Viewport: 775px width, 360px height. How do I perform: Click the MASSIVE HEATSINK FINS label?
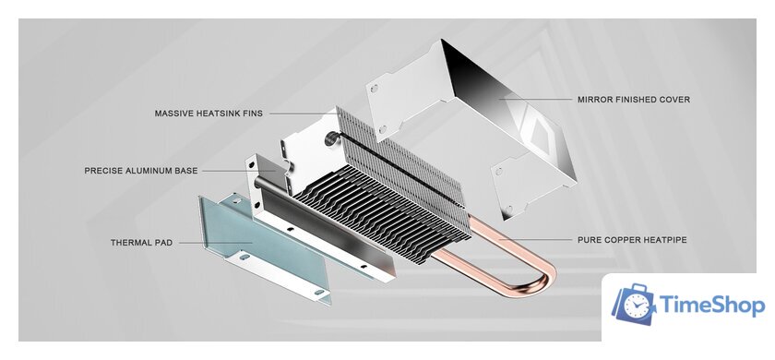tap(209, 114)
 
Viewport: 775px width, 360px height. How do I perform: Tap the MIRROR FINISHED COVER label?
tap(634, 99)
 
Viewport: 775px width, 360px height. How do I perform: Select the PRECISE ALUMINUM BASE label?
tap(140, 171)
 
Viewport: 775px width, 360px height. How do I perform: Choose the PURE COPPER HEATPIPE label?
tap(632, 240)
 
